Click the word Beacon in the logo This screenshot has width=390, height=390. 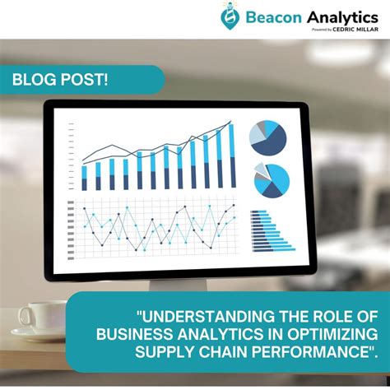tap(272, 16)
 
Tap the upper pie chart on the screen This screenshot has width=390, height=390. tap(268, 137)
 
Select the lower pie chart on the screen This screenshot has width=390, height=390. tap(272, 179)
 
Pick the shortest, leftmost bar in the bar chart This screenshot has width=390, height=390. tap(84, 178)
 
